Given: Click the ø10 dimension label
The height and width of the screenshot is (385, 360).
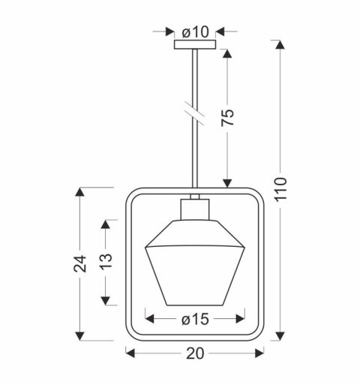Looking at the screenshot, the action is [x=195, y=32].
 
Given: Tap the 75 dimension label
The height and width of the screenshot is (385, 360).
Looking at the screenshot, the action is [x=228, y=118].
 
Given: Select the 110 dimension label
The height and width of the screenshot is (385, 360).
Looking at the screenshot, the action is [x=280, y=188].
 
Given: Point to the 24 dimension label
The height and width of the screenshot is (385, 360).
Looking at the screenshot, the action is [x=80, y=264].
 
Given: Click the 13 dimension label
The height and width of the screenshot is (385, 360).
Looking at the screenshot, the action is [x=106, y=262].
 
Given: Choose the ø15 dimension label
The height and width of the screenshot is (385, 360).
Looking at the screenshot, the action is [x=195, y=320].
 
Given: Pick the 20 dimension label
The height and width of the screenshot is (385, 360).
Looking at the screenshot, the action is [x=195, y=353].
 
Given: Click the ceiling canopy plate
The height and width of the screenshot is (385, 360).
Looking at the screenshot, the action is [x=195, y=44].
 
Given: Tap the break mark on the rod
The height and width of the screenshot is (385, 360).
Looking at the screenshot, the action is [x=195, y=113].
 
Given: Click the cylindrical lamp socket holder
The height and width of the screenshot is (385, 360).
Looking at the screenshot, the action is [x=195, y=209].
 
